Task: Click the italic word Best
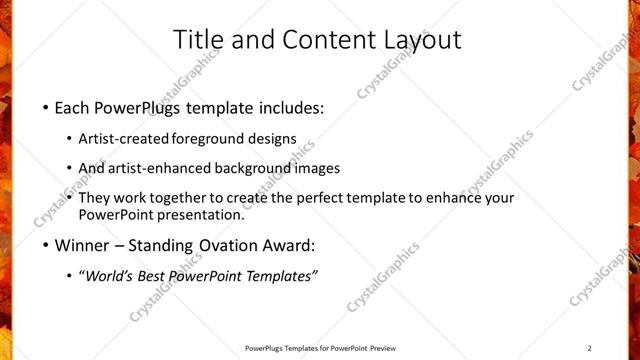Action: coord(157,276)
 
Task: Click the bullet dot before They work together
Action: coord(69,199)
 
